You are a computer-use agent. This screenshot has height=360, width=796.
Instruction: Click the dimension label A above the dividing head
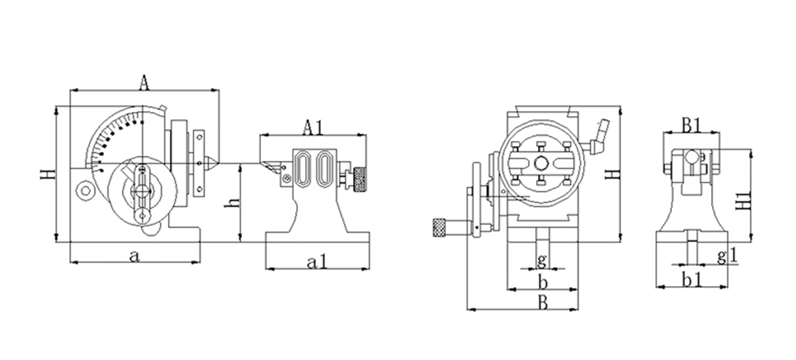(144, 82)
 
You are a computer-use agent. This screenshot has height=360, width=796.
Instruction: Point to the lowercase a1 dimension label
(318, 262)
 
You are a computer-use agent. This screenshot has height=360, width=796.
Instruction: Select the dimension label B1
(693, 124)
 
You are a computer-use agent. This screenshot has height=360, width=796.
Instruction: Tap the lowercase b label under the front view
(542, 283)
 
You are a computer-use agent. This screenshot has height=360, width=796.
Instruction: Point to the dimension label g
(542, 259)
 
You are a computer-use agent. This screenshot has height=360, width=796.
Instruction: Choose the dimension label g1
(727, 255)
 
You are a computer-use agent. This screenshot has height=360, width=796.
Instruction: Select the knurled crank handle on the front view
(441, 227)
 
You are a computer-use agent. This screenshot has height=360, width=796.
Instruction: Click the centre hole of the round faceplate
(542, 163)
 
